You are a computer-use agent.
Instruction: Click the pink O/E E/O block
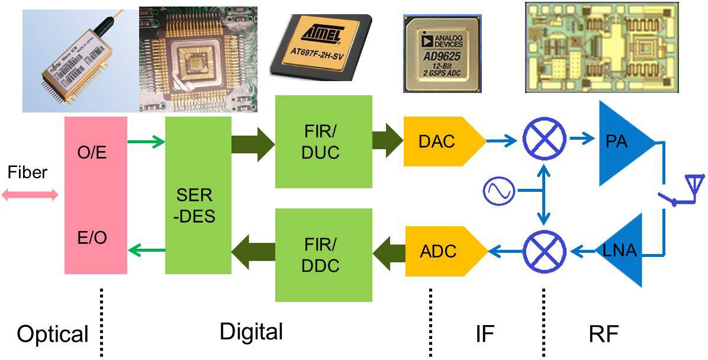(95, 195)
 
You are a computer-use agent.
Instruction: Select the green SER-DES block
(198, 195)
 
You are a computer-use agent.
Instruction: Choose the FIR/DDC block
(323, 251)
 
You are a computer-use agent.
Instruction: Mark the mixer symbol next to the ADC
(543, 251)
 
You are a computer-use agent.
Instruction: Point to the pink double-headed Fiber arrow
(30, 195)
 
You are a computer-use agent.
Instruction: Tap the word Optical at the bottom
(52, 335)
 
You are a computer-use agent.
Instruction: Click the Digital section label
(251, 332)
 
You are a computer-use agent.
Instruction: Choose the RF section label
(603, 335)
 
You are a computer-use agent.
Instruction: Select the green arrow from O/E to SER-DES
(146, 142)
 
